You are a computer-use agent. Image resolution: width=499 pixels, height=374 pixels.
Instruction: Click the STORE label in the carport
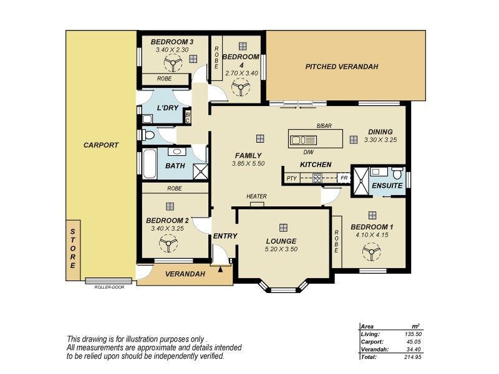coord(72,249)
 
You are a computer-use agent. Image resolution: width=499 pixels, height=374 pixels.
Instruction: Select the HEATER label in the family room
coord(256,197)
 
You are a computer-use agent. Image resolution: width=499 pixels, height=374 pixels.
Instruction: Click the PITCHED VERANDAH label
coord(341,66)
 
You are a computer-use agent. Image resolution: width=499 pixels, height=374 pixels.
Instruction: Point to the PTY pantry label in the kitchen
coord(291,178)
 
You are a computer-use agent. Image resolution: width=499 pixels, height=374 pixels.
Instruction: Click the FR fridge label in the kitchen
coord(343,178)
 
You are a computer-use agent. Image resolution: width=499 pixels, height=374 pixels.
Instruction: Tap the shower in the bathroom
coord(200,171)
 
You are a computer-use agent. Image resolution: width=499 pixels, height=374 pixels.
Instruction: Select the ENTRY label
coord(225,236)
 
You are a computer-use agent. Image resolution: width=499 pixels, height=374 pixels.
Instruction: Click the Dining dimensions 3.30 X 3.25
coord(380,140)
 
